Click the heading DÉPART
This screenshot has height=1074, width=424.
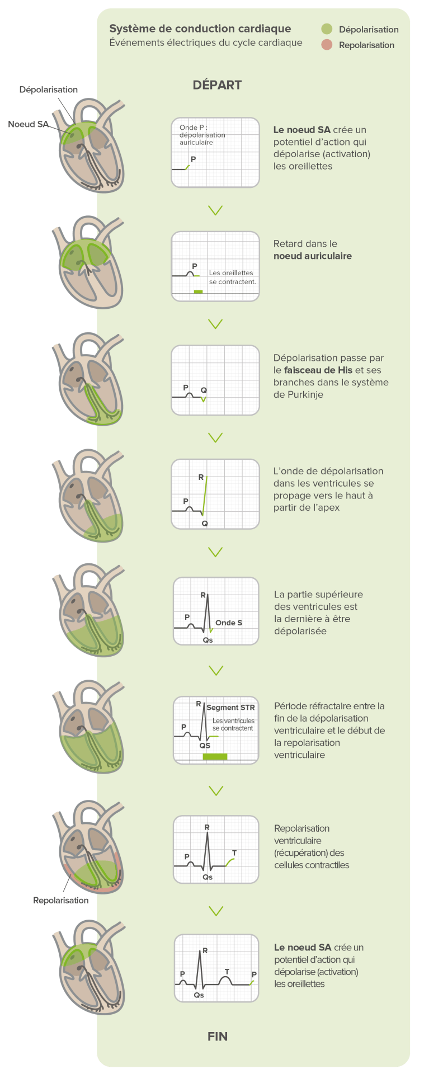point(217,85)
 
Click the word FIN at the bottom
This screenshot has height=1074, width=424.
point(218,1037)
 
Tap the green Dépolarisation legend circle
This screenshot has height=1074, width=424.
point(327,29)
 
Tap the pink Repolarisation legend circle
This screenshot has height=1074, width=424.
point(327,45)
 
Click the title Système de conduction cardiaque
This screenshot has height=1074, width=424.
point(200,29)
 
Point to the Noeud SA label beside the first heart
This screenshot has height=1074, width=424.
point(29,124)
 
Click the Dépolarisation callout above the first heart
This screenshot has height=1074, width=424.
point(49,89)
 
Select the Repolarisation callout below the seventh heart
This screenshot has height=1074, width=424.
point(60,901)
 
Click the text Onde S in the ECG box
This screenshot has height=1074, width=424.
point(229,623)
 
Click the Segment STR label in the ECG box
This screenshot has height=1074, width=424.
point(230,708)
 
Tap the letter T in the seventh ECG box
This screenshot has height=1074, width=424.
point(234,853)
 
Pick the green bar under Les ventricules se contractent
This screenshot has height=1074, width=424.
point(215,757)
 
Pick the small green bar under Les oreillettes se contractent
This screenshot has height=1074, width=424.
point(198,292)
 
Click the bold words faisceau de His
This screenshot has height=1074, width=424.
point(318,370)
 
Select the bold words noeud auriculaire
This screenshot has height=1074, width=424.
point(313,256)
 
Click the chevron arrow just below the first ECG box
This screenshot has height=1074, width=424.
point(215,210)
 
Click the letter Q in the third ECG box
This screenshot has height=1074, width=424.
point(204,390)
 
